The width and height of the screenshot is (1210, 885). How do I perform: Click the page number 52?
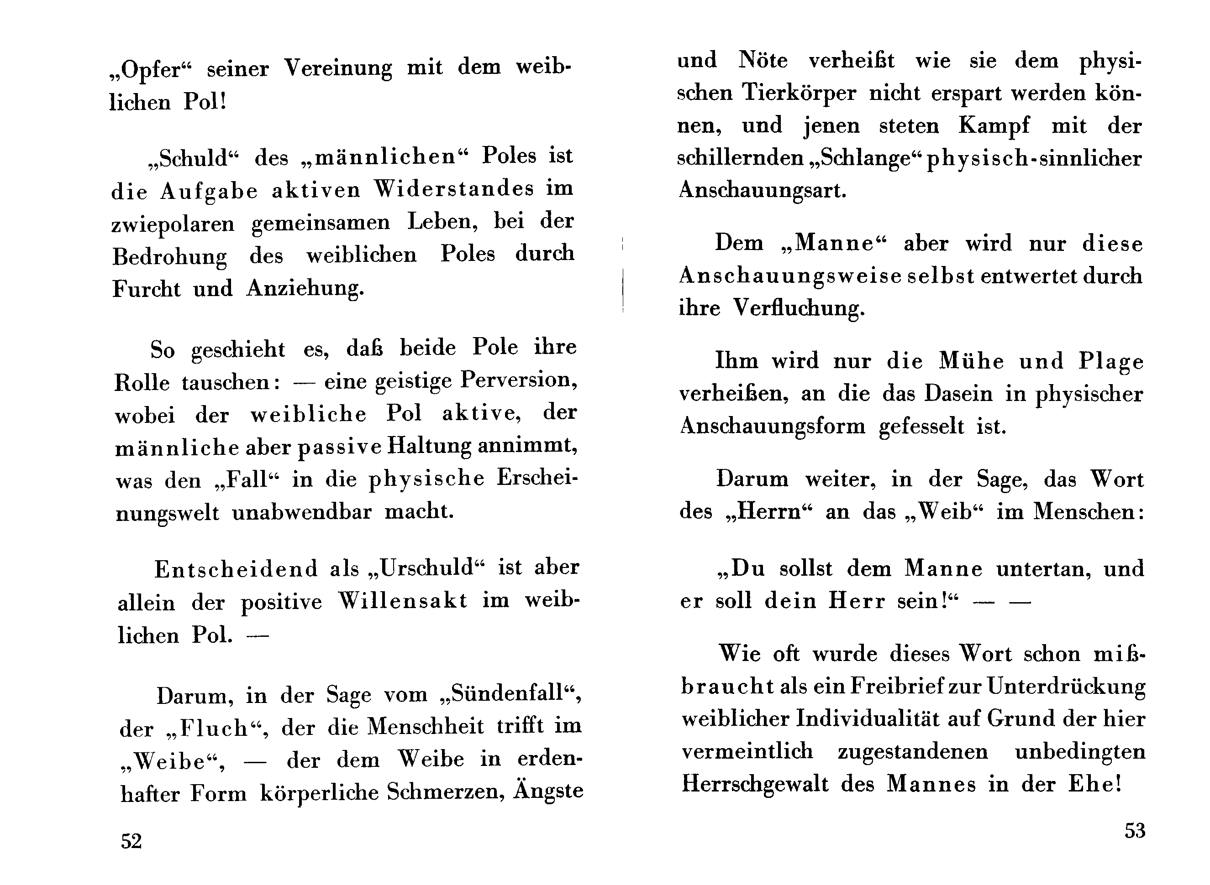click(132, 841)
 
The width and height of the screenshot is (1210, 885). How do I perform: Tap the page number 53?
click(1134, 830)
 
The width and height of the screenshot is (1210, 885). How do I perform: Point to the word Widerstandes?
click(453, 188)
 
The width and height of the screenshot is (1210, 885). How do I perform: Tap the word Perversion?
click(518, 380)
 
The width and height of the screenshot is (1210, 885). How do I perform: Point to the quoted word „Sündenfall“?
click(509, 694)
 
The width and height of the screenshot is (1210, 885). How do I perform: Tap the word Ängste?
click(548, 791)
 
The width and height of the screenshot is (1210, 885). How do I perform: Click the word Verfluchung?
click(798, 308)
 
